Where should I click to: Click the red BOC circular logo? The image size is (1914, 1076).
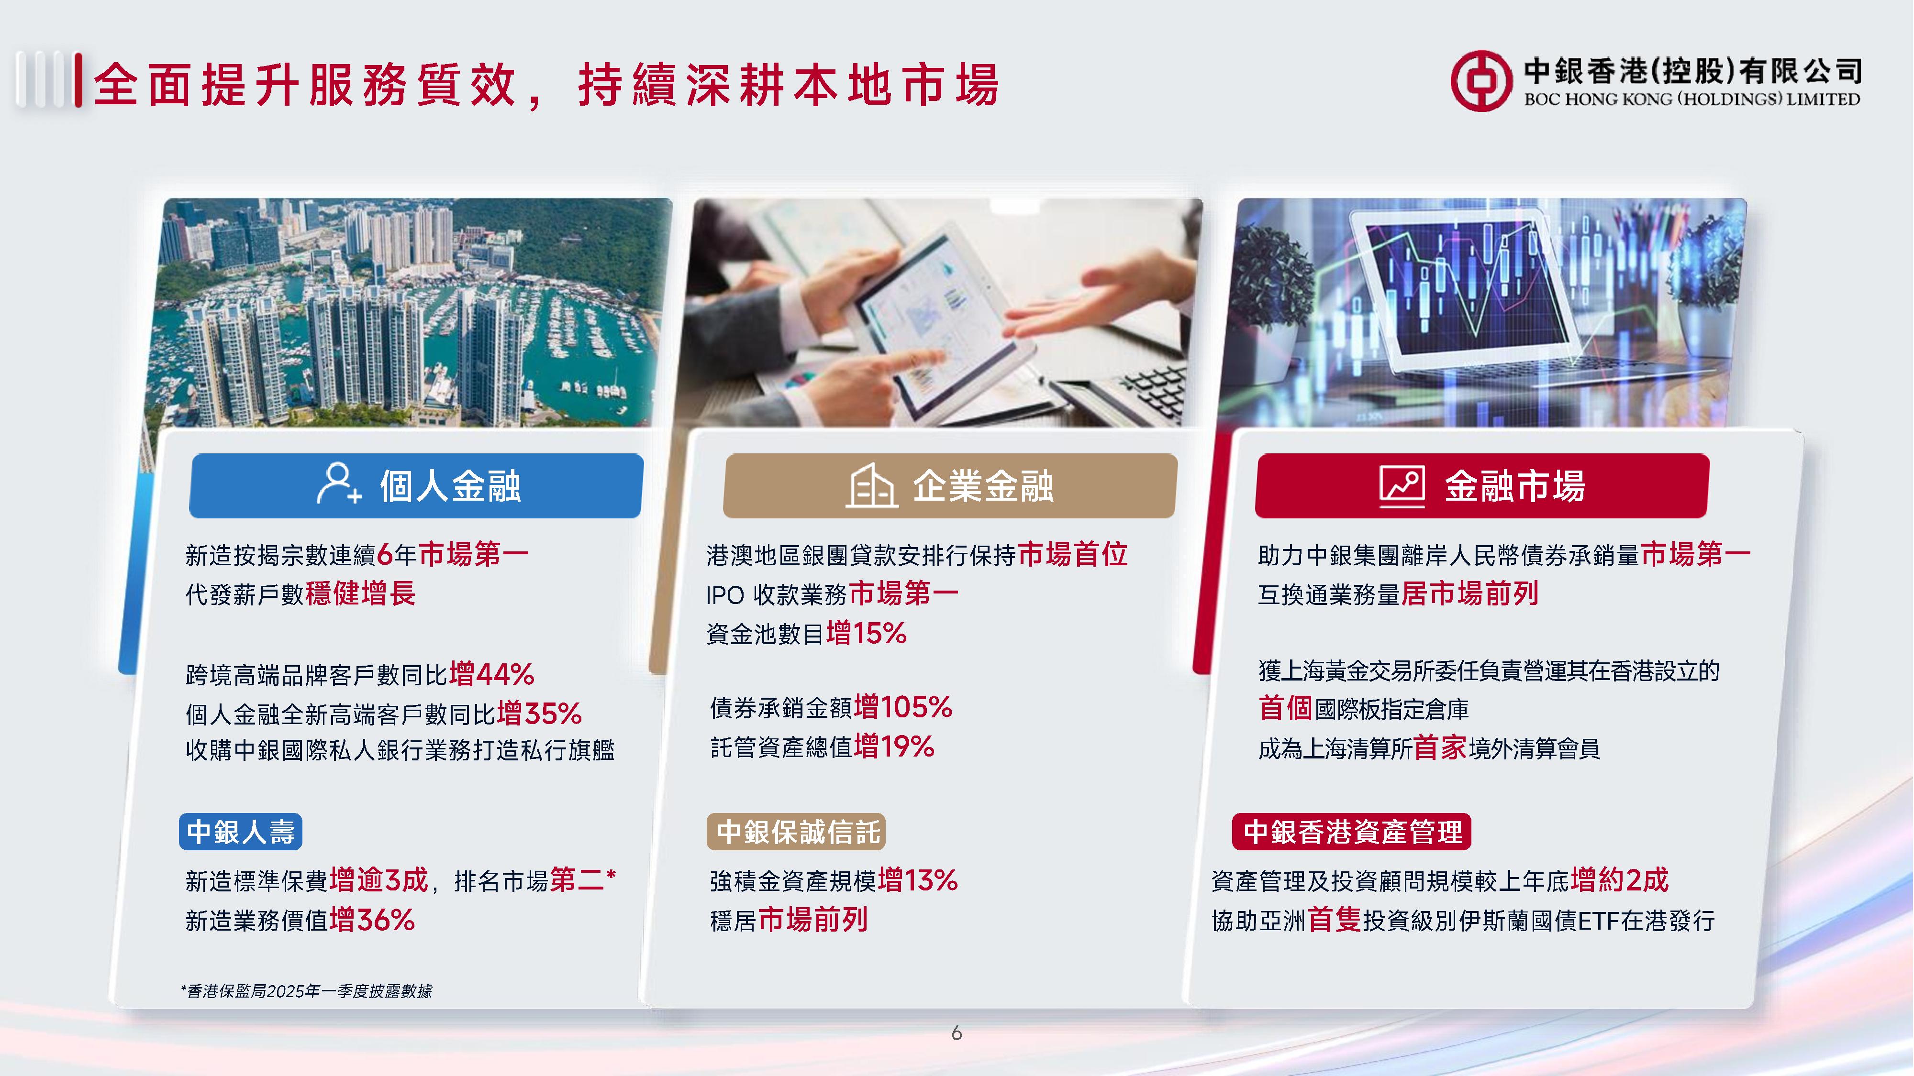tap(1481, 81)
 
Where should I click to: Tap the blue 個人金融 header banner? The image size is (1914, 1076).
tap(416, 486)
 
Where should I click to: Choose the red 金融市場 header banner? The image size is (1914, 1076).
tap(1482, 486)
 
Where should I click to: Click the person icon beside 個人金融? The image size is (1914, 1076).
tap(339, 483)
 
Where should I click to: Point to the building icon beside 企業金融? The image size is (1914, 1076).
tap(871, 486)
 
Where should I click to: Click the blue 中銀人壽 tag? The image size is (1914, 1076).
tap(241, 832)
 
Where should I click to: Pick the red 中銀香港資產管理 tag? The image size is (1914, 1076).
tap(1352, 832)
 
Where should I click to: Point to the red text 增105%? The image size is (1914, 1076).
tap(903, 707)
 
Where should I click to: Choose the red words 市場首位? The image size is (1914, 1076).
tap(1073, 554)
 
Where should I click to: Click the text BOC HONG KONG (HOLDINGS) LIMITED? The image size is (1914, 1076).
tap(1692, 99)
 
